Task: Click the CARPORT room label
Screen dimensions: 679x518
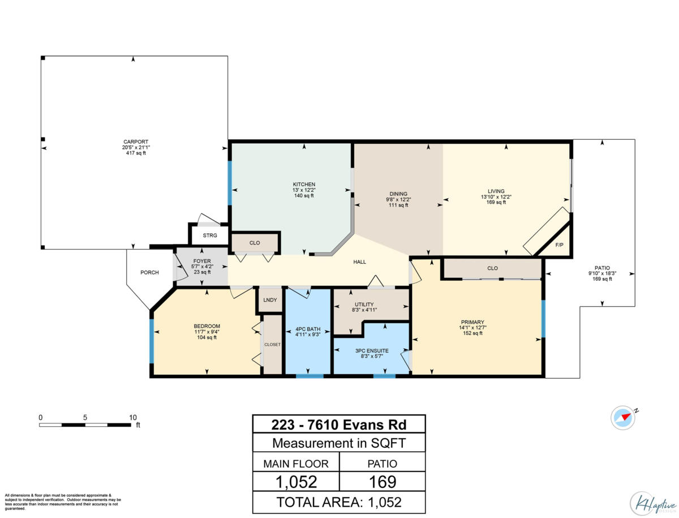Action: (135, 142)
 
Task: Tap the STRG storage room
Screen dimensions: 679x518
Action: (210, 236)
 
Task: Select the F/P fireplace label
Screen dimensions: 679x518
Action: (559, 245)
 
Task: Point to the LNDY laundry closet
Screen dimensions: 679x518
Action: (270, 300)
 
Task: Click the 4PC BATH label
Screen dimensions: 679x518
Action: (308, 329)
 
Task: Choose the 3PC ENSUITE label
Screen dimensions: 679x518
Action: (372, 350)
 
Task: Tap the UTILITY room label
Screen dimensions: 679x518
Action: (364, 304)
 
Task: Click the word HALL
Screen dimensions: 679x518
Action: (359, 262)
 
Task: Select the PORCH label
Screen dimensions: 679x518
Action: (149, 272)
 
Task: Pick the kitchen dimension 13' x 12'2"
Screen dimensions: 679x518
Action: (304, 190)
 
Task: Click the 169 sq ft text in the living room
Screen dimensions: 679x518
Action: (496, 202)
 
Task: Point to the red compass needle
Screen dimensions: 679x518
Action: (626, 416)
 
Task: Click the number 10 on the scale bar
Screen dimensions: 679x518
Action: (133, 417)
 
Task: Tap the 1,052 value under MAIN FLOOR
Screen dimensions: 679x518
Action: (296, 482)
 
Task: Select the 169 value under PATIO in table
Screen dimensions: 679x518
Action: (383, 482)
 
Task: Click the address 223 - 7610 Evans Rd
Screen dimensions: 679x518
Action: (339, 425)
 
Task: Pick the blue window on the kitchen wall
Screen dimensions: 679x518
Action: (230, 183)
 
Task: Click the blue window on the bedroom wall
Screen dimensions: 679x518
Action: (152, 341)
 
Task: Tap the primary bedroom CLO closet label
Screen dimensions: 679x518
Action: (492, 268)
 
